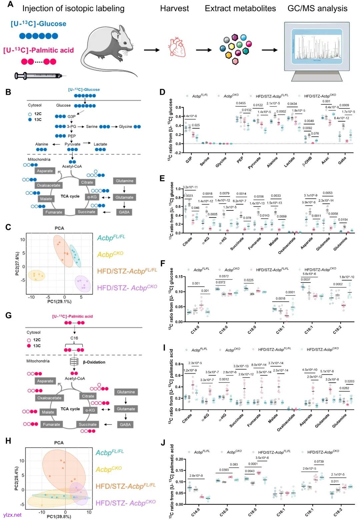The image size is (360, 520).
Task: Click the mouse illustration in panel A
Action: tap(110, 50)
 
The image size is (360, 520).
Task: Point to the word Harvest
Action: tap(174, 8)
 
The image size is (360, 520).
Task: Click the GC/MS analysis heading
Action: tap(317, 8)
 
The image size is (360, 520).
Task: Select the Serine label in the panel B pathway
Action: tap(92, 127)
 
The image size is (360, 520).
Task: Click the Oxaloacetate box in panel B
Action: tap(49, 185)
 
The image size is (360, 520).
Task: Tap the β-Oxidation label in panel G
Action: tap(94, 362)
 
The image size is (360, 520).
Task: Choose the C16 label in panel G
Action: tap(74, 338)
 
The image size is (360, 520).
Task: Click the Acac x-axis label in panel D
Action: tap(325, 160)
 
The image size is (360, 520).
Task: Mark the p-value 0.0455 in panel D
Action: tap(241, 103)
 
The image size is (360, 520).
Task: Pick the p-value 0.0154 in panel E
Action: tap(343, 220)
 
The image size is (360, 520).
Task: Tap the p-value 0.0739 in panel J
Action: tap(319, 462)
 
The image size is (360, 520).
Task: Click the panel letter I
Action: tap(163, 348)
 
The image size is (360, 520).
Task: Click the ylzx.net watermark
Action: tap(12, 515)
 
